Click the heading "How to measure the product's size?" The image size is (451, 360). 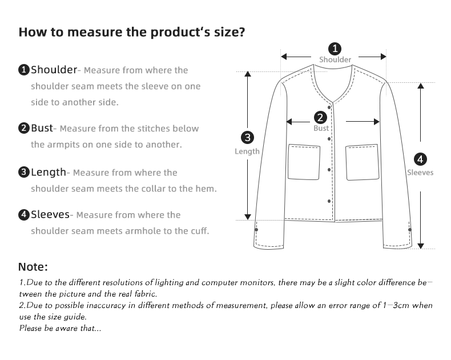pos(132,32)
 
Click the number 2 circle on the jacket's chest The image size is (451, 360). pos(320,118)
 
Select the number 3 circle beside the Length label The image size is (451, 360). pos(247,137)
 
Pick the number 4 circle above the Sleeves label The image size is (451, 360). pos(420,159)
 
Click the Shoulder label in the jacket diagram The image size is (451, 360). pos(335,59)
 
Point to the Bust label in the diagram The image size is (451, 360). pos(321,129)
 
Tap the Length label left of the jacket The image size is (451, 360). pos(247,151)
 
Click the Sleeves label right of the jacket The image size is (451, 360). pos(420,173)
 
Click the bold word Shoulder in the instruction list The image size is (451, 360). pos(54,70)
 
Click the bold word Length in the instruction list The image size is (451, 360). pos(49,172)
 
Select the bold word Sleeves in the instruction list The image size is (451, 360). pos(50,215)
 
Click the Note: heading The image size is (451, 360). pos(33,267)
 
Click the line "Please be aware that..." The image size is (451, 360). pos(61,328)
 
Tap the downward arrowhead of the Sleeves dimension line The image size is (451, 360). pos(421,246)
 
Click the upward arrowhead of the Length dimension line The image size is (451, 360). pos(248,74)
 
